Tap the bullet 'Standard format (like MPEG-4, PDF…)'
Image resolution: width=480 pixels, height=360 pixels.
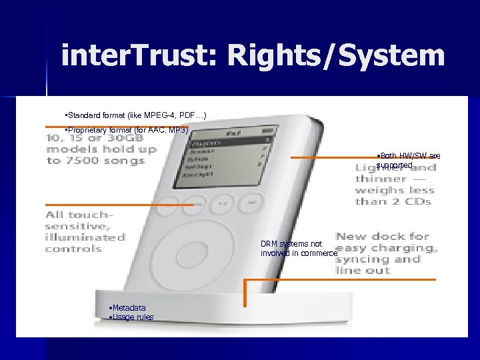[x=136, y=116]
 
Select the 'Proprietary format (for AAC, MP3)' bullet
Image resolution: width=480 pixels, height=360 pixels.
[x=127, y=129]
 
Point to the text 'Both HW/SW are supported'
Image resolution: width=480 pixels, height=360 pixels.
[x=408, y=160]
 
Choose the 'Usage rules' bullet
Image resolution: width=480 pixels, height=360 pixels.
[x=131, y=317]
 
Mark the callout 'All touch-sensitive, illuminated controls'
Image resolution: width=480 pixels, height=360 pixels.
[x=85, y=231]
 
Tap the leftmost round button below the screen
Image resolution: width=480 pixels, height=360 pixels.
[x=169, y=202]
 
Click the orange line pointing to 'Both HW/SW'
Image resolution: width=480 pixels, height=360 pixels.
[x=333, y=157]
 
